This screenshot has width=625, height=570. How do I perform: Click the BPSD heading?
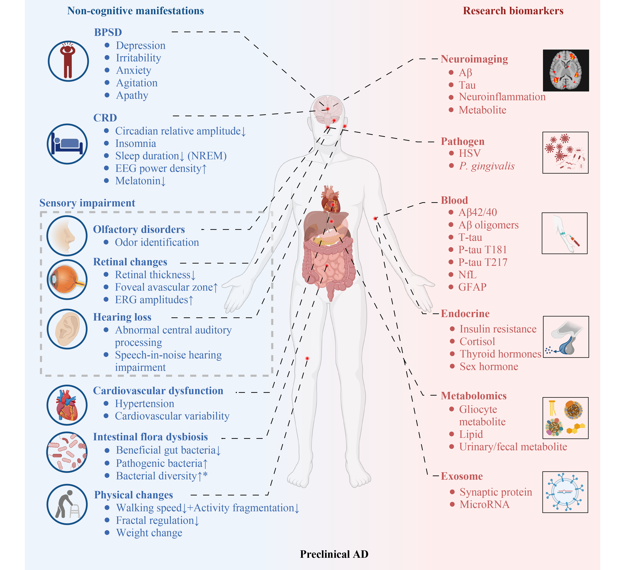108,32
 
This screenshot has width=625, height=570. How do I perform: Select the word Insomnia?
135,144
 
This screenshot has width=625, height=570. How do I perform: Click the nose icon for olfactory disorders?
67,236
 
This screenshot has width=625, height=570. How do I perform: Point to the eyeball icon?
67,279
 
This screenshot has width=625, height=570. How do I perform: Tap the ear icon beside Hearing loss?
67,329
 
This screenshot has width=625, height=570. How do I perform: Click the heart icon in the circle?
67,405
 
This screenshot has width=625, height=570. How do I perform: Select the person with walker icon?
67,504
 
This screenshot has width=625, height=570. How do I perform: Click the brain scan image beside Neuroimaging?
566,70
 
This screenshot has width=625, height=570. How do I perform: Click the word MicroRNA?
485,504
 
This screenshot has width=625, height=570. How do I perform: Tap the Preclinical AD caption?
334,554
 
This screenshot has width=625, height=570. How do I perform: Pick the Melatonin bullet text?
140,181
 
